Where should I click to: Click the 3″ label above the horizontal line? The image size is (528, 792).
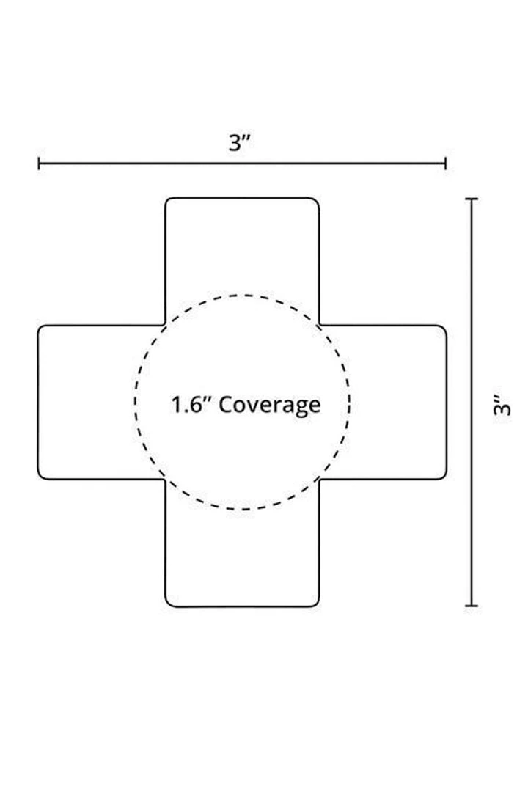point(240,142)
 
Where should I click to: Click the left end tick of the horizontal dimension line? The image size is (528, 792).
point(39,163)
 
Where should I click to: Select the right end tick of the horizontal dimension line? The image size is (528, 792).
point(445,163)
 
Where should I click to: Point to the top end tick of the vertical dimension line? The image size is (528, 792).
point(472,199)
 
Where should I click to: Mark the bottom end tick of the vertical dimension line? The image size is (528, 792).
point(472,606)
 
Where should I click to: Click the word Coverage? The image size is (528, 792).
point(270,404)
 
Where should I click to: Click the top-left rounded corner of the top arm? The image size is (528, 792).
point(169,201)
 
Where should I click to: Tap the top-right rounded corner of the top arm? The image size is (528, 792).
point(316,201)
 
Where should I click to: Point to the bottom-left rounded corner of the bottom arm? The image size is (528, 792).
point(169,604)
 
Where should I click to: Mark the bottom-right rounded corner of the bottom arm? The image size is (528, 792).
point(316,604)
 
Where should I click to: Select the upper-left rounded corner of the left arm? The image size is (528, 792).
point(42,329)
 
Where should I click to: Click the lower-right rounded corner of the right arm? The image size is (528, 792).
point(442,476)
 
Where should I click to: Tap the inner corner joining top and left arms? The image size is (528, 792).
point(165,325)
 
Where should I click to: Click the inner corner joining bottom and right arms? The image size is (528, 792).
point(319,480)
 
